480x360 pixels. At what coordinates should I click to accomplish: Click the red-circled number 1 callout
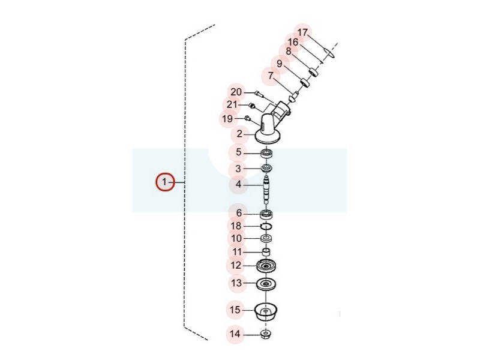[164, 182]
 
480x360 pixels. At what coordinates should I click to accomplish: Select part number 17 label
[302, 32]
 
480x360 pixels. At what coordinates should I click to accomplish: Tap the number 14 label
[235, 334]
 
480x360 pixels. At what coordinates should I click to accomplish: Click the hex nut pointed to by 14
[266, 334]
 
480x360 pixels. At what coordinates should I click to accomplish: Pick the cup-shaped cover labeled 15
[266, 312]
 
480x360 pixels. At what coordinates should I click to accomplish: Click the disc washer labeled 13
[266, 284]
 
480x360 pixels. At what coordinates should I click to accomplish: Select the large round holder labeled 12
[266, 266]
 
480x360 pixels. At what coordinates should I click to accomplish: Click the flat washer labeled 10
[266, 238]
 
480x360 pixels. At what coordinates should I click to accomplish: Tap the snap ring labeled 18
[266, 226]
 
